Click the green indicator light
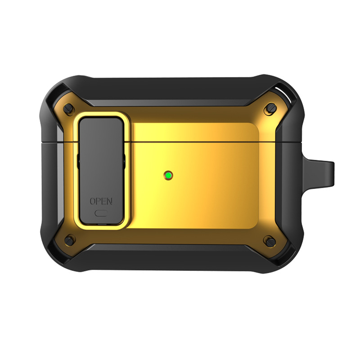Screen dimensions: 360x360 click(168, 175)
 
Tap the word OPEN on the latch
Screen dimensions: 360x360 click(101, 201)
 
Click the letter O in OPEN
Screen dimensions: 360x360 click(92, 201)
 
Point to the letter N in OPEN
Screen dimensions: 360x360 click(110, 201)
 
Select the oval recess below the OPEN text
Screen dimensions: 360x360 click(101, 213)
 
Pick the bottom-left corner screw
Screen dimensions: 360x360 click(69, 240)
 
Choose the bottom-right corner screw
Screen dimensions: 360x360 click(271, 242)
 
